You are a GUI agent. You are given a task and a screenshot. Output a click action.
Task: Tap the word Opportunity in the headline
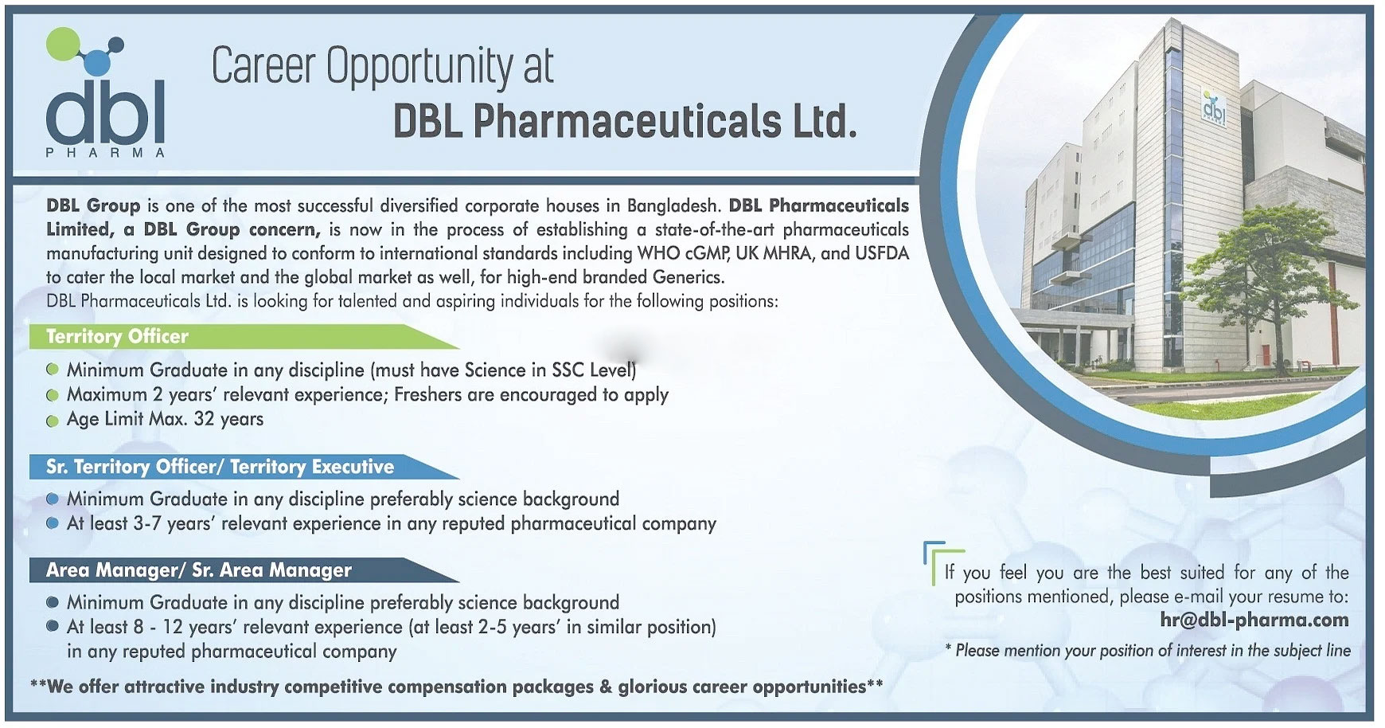(x=419, y=67)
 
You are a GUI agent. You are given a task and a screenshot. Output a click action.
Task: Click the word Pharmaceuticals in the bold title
(x=627, y=122)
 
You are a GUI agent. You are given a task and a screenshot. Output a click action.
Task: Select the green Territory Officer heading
(x=117, y=336)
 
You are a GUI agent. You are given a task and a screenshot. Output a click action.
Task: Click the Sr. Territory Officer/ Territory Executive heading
(x=220, y=467)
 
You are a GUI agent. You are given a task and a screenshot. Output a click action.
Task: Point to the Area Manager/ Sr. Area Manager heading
(x=198, y=570)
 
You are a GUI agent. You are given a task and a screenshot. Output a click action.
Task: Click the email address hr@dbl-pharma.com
(x=1254, y=620)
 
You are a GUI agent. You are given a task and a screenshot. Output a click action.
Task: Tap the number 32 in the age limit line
(x=204, y=419)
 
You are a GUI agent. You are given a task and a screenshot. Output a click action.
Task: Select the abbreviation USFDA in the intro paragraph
(x=882, y=253)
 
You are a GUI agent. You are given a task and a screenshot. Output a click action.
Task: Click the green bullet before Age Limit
(x=53, y=421)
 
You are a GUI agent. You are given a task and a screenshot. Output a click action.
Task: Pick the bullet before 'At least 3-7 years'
(x=53, y=524)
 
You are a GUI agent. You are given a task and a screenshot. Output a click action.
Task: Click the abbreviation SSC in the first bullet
(x=568, y=370)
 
